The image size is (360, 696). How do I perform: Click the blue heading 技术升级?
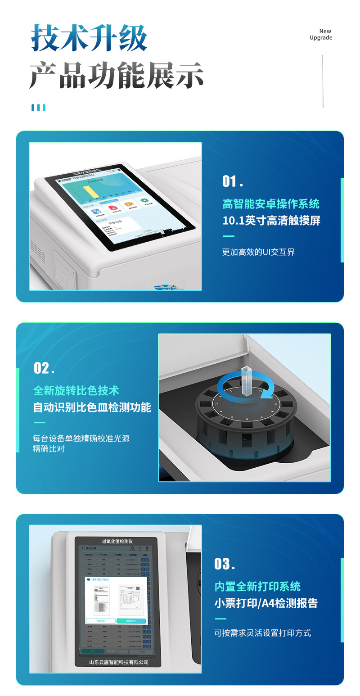coord(89,38)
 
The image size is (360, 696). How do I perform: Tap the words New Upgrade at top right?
coord(321,35)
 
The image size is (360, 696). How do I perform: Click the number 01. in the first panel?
coord(233,181)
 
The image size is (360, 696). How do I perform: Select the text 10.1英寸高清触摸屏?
coord(271,221)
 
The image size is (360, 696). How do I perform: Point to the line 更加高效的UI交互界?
coord(258,252)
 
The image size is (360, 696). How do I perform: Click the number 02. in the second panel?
coord(44,368)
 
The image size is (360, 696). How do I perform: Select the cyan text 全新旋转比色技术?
coord(76,390)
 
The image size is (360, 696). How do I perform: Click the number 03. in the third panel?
coord(225,564)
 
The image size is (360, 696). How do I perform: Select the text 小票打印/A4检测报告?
coord(266,603)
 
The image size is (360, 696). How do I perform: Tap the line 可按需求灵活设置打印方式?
coord(262,633)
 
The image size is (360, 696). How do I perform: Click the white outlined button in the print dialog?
coord(100,621)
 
